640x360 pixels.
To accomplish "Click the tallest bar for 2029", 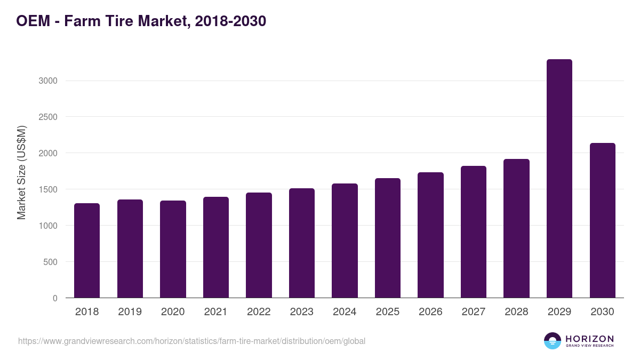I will tap(559, 179).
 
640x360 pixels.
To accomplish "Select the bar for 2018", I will tap(87, 251).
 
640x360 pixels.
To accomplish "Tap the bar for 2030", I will tap(602, 220).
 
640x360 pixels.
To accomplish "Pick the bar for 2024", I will tap(345, 241).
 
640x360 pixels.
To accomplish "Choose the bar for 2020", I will tap(173, 249).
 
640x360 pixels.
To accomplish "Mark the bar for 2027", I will tap(474, 232).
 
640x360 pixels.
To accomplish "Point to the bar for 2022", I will tap(259, 245).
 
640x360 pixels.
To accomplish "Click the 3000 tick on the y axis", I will tap(47, 81).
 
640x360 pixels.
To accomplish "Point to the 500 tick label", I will tap(50, 262).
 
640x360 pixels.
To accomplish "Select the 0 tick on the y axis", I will tap(55, 298).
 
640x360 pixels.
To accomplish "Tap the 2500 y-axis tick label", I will tap(47, 117).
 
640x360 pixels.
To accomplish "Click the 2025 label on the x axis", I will tap(387, 312).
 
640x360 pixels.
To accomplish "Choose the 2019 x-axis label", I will tap(130, 312).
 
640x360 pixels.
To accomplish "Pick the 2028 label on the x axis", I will tap(516, 312).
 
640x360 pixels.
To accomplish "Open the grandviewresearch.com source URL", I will tap(191, 341).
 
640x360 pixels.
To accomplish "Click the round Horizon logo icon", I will tap(552, 341).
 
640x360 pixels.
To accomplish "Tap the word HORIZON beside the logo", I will tap(589, 339).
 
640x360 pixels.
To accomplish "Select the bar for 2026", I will tap(430, 235).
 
